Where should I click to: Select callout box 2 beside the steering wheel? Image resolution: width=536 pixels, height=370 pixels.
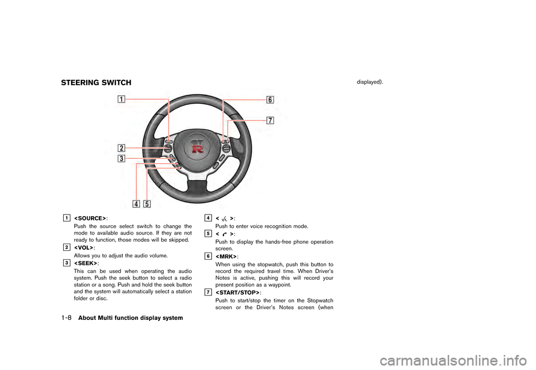[x=121, y=148]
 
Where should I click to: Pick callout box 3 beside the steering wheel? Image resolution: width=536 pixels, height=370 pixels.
[x=121, y=159]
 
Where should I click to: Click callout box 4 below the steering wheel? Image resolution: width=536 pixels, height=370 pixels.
[x=136, y=203]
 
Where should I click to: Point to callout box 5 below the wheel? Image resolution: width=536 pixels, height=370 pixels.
[x=147, y=203]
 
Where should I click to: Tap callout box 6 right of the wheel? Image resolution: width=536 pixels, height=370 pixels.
[x=270, y=100]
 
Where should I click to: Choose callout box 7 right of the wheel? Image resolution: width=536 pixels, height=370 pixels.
[x=270, y=120]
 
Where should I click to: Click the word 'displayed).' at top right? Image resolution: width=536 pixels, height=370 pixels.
[x=370, y=81]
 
